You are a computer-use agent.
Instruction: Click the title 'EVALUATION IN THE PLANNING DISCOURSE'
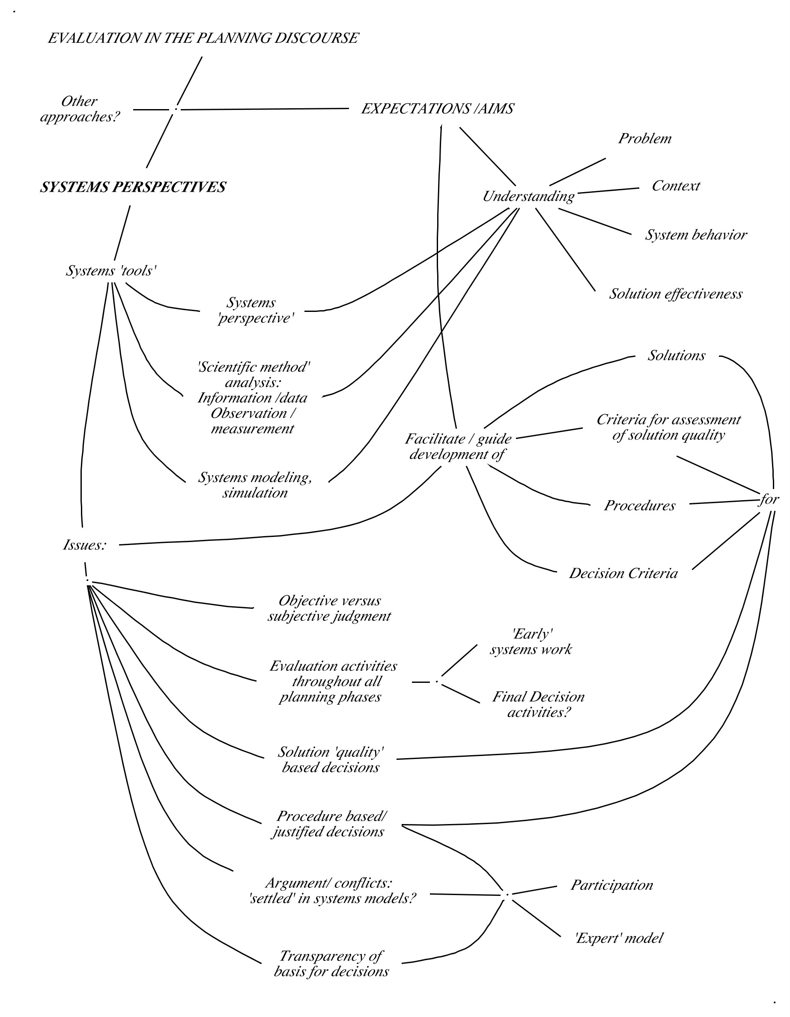[x=203, y=38]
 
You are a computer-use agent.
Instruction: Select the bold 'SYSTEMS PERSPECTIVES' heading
[x=133, y=187]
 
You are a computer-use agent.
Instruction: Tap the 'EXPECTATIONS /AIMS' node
[x=437, y=109]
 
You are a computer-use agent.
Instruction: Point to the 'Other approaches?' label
[x=80, y=109]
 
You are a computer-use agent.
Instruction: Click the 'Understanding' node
[x=528, y=196]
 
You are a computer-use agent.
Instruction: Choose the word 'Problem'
[x=644, y=139]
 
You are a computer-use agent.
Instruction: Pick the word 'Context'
[x=675, y=186]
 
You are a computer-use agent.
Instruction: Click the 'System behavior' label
[x=695, y=235]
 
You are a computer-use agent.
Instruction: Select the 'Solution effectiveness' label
[x=675, y=294]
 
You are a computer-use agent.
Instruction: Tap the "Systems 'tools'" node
[x=111, y=271]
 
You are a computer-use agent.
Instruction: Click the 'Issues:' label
[x=85, y=545]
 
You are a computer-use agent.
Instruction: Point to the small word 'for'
[x=768, y=500]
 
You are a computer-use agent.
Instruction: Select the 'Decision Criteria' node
[x=623, y=574]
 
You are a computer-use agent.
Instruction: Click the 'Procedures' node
[x=639, y=506]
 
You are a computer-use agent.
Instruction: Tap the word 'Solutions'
[x=676, y=356]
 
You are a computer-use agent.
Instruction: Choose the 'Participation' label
[x=611, y=885]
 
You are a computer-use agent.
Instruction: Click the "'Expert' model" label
[x=618, y=938]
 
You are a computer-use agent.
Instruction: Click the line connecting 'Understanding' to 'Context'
[x=608, y=191]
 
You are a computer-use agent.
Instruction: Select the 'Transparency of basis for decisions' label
[x=331, y=964]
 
